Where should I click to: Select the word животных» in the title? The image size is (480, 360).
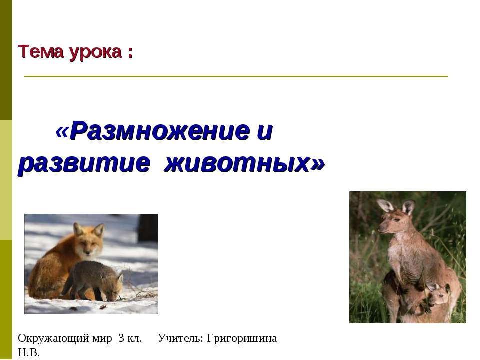point(245,163)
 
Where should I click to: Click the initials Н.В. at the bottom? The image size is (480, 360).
point(29,353)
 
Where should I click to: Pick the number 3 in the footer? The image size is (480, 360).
point(121,338)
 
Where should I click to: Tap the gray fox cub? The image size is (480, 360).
point(95,280)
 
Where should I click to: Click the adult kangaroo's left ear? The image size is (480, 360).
point(385,205)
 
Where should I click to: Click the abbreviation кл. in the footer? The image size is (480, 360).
point(135,338)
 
